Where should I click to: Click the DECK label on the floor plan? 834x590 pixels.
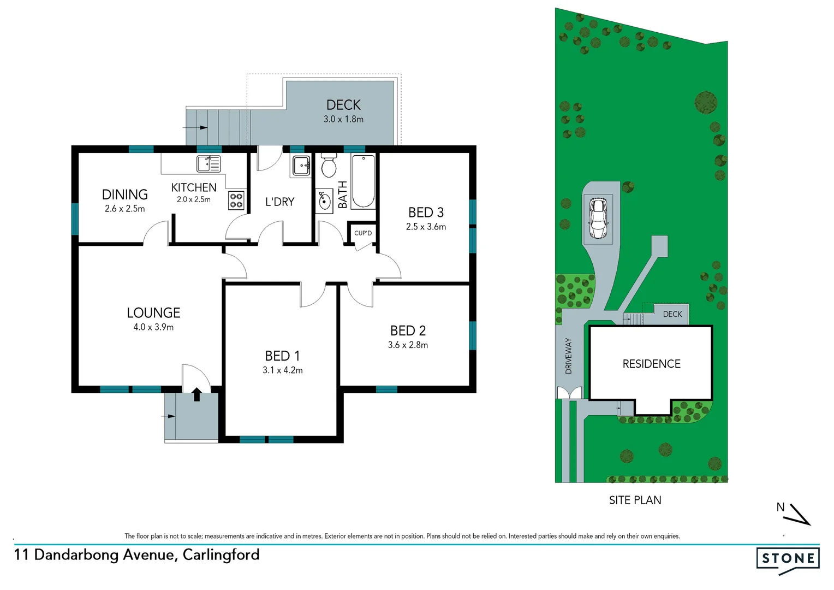343,105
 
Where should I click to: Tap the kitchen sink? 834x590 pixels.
208,163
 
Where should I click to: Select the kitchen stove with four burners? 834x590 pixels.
236,200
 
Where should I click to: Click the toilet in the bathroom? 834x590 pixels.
329,165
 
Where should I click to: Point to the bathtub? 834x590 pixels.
363,181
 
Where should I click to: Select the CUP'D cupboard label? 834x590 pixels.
363,233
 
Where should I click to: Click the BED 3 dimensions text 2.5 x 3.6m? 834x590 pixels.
426,227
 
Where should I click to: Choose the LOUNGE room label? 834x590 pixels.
153,313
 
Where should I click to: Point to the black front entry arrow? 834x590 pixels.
196,394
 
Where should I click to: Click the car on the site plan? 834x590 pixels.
598,217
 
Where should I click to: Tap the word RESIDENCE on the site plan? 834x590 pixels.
651,364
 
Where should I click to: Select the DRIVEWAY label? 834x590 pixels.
568,356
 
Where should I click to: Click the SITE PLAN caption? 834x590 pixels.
635,500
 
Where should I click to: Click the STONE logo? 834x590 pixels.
788,559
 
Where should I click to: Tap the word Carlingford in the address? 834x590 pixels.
221,555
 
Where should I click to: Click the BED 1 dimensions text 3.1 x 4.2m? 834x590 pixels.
282,370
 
